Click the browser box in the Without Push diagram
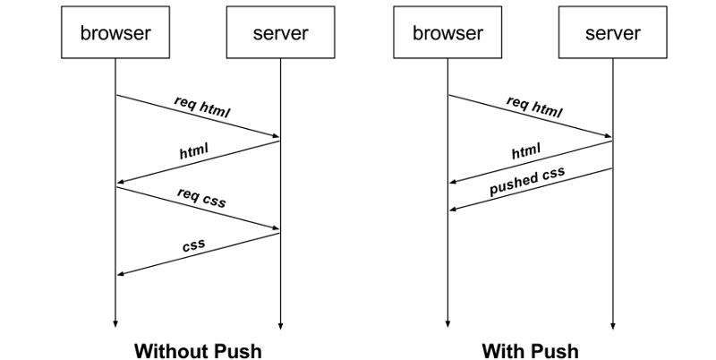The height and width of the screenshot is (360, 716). coord(115,35)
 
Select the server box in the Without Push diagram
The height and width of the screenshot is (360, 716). coord(280,35)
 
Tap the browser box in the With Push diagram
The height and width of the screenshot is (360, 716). coord(447,35)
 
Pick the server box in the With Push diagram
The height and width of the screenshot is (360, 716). coord(613,35)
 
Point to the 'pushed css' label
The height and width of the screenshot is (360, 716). coord(528,182)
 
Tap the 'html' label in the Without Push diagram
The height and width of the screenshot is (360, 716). coord(193,151)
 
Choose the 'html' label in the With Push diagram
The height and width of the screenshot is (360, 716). coord(526,152)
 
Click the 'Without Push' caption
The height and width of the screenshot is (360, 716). coord(198,350)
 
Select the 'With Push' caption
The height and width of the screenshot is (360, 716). coord(530,350)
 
